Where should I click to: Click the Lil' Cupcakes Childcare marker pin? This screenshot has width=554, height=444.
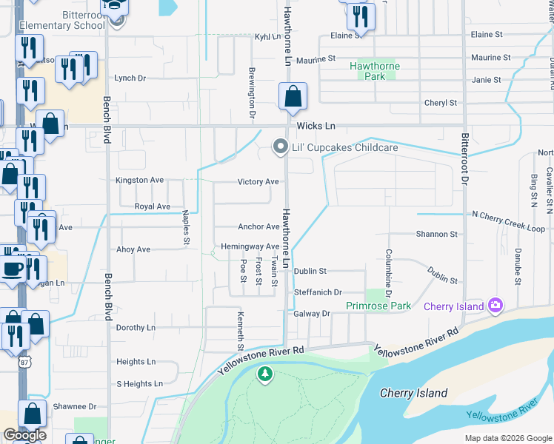pyautogui.click(x=280, y=147)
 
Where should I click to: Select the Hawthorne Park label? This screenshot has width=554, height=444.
pyautogui.click(x=375, y=71)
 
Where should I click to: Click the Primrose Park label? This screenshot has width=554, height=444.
pyautogui.click(x=378, y=306)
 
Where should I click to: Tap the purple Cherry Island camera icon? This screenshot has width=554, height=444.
pyautogui.click(x=495, y=306)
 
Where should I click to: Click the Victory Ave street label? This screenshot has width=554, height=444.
pyautogui.click(x=258, y=181)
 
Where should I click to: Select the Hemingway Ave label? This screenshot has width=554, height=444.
pyautogui.click(x=250, y=246)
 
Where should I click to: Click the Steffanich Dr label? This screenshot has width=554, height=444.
pyautogui.click(x=318, y=293)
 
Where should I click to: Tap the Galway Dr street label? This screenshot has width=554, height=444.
pyautogui.click(x=311, y=314)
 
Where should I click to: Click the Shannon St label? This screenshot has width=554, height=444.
pyautogui.click(x=436, y=234)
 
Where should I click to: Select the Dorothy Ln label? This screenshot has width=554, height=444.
pyautogui.click(x=136, y=327)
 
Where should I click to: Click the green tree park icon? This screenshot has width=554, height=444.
pyautogui.click(x=265, y=375)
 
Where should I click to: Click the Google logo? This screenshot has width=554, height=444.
pyautogui.click(x=24, y=435)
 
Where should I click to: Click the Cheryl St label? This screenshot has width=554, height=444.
pyautogui.click(x=442, y=103)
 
